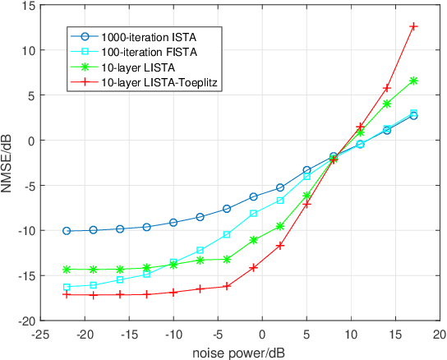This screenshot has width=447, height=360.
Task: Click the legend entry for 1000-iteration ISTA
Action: pos(149,37)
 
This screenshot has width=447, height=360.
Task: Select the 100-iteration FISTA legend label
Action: pos(147,52)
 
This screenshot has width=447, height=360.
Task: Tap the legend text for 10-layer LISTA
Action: pos(136,67)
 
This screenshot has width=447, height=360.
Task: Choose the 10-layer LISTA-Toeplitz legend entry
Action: pos(157,81)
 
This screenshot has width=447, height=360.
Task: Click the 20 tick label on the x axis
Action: pos(440,335)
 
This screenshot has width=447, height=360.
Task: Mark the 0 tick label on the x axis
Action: pos(262,335)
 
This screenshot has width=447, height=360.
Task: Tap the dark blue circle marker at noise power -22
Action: pos(67,231)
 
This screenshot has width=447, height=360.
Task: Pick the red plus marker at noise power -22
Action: pos(67,294)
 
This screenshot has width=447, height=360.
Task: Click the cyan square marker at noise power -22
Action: pos(67,287)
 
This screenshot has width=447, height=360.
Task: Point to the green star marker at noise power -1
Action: pos(253,240)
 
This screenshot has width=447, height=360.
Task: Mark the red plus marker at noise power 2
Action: pos(280,246)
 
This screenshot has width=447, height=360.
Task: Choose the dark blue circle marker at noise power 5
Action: pos(306,170)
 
